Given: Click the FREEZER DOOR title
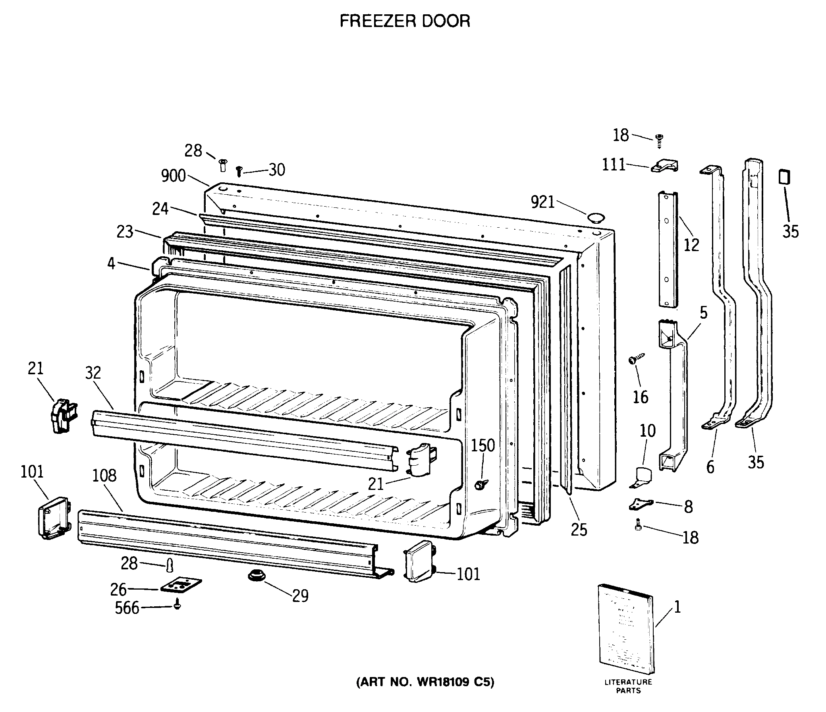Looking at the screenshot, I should (405, 21).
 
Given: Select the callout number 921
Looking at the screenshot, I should (542, 203).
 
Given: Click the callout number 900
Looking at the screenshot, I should (174, 176).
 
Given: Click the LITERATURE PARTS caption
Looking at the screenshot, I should (628, 687).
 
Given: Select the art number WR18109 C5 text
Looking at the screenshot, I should (425, 682).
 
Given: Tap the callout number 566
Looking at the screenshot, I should (127, 608).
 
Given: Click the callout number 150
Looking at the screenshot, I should (483, 445).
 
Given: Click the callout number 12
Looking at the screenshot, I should (691, 245).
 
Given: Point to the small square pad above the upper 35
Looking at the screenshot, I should (784, 177).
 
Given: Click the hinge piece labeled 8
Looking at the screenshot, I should (641, 504).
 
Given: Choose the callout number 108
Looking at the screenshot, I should (104, 476).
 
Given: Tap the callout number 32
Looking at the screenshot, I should (93, 373).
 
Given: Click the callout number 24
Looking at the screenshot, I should (160, 209).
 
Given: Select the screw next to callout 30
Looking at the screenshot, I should (239, 172).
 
